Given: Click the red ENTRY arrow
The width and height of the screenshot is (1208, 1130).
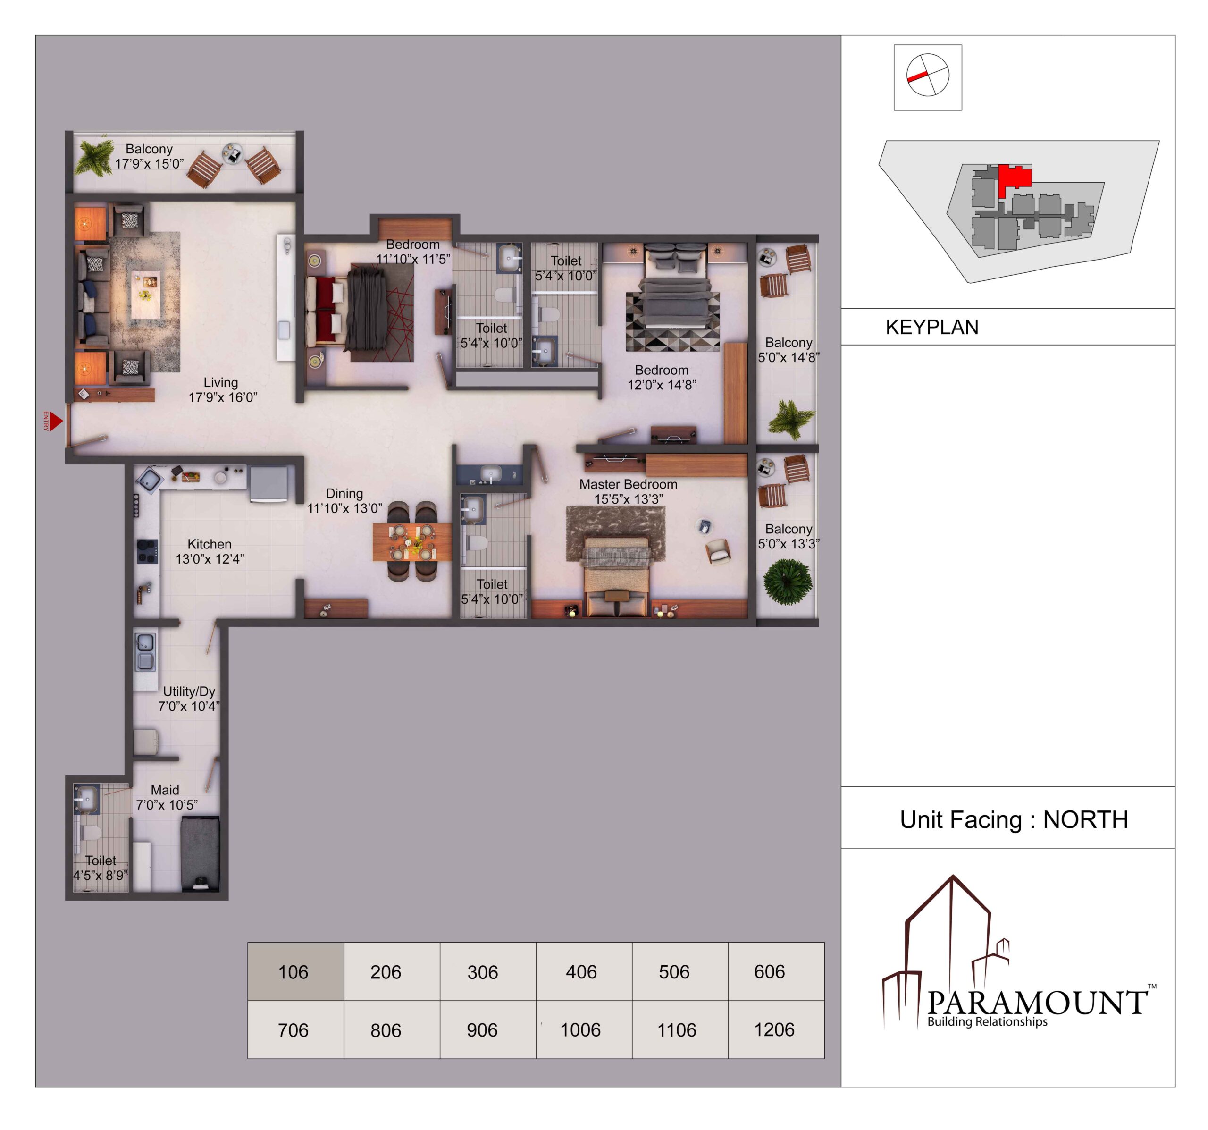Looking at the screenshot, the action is (56, 421).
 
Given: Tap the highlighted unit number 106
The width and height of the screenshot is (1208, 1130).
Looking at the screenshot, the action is (293, 972).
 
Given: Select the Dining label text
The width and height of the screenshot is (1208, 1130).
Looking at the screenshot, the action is (344, 494).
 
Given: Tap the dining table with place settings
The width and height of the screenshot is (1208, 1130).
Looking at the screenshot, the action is (412, 541).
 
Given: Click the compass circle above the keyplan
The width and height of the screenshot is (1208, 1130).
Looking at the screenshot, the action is (927, 75).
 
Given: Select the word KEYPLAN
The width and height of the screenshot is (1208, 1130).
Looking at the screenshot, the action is (931, 327).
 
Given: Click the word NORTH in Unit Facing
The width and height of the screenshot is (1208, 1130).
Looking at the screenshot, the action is (1085, 819).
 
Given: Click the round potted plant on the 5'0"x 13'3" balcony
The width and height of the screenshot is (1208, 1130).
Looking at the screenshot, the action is (788, 581).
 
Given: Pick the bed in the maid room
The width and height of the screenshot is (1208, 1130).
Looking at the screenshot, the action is (200, 854).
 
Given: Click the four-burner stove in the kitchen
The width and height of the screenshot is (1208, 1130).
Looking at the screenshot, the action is (147, 551).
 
